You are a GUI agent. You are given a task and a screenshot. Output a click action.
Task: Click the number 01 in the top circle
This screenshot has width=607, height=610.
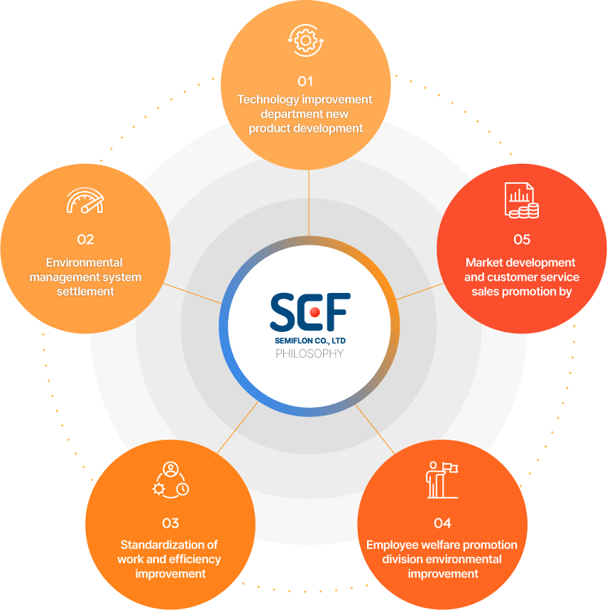coord(305,82)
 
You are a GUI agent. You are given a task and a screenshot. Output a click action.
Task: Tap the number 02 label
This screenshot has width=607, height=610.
coord(85,239)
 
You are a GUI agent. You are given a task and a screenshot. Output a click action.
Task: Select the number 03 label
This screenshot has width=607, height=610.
coord(170,523)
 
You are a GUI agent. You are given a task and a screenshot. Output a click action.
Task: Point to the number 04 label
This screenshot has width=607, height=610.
coord(442,523)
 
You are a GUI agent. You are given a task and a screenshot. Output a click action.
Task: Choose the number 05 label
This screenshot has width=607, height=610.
coord(522,239)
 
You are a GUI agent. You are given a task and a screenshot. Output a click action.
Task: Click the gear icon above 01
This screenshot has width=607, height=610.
coord(306,40)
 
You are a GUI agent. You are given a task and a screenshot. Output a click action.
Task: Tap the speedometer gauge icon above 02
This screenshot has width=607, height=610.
coord(85,200)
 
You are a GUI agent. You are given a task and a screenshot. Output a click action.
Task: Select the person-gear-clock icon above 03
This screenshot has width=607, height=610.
coord(170,480)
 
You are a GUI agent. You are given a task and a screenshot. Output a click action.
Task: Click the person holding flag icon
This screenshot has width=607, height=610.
coord(442,480)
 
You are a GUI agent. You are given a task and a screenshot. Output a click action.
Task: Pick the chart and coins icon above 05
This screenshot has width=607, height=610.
coord(522,200)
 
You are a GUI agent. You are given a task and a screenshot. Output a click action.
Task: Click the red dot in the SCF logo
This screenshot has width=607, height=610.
coord(315,312)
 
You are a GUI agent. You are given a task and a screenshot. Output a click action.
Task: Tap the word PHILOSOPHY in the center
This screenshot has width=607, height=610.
coord(310,353)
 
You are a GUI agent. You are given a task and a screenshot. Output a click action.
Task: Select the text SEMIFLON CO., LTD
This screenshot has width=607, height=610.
coord(310,340)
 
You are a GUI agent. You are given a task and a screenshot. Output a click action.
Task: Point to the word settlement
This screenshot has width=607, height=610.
coord(85,292)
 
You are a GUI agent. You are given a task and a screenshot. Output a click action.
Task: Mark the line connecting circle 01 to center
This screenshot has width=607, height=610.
coord(309,203)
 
